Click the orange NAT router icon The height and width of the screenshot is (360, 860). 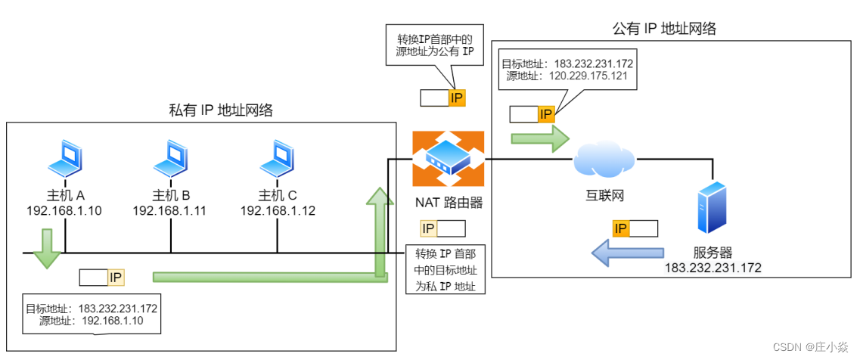(x=448, y=159)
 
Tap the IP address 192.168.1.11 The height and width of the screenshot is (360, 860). (x=169, y=210)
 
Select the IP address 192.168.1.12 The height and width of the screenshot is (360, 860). (x=277, y=210)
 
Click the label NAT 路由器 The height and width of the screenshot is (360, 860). (x=449, y=202)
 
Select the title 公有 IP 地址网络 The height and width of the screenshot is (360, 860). (x=663, y=29)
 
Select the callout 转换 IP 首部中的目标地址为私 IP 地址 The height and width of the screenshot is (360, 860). (x=446, y=269)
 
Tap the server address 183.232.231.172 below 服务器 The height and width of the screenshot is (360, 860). (x=713, y=268)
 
